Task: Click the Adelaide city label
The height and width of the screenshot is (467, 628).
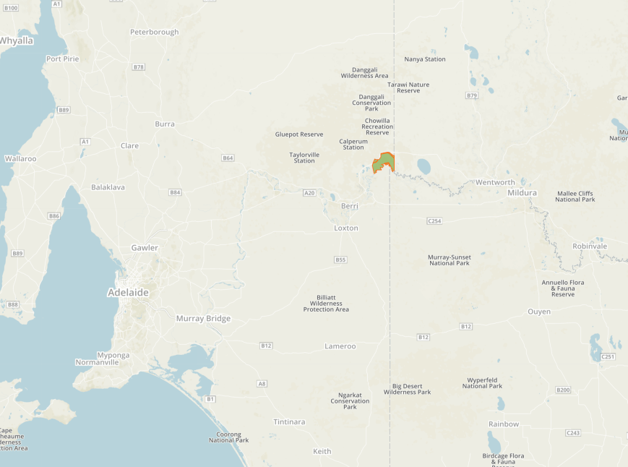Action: [x=128, y=293]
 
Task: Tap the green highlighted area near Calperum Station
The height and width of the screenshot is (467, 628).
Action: [x=384, y=163]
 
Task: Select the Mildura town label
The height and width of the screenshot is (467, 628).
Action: [x=522, y=193]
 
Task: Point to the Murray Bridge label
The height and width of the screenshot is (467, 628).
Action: [x=203, y=318]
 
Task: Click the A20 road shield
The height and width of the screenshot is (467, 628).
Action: [x=309, y=192]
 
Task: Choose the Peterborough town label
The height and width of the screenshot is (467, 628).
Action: [x=154, y=32]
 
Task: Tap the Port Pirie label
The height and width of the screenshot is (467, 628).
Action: [x=62, y=59]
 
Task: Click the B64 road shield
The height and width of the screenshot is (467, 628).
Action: [x=228, y=158]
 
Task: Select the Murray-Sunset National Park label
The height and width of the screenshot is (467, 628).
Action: [x=449, y=260]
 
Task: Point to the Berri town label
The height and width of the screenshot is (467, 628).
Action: [x=350, y=206]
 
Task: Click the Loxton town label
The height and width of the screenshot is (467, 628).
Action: [x=345, y=228]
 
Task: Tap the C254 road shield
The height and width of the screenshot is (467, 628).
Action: [x=434, y=220]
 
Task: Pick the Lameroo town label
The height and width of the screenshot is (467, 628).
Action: [x=340, y=346]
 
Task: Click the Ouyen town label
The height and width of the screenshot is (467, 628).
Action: [x=539, y=312]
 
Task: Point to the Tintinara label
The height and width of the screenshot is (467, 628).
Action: [x=289, y=421]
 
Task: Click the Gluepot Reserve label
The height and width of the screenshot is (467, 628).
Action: [x=299, y=134]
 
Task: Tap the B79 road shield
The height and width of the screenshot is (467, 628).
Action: [x=472, y=95]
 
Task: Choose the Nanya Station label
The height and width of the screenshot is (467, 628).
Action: [x=425, y=59]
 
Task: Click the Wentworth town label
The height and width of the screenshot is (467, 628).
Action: [x=495, y=182]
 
